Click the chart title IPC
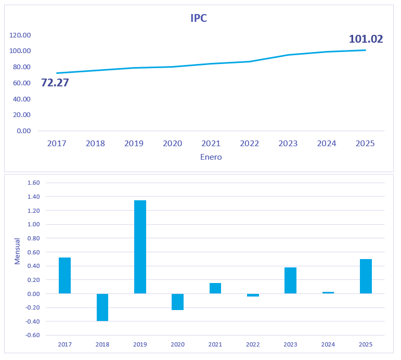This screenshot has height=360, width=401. click(x=199, y=18)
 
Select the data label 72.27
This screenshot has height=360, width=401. click(x=55, y=83)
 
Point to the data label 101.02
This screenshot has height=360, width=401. click(x=366, y=39)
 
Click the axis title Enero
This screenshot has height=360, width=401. click(x=211, y=157)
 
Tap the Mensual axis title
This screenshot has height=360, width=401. click(x=17, y=251)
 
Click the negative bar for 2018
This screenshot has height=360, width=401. click(x=102, y=307)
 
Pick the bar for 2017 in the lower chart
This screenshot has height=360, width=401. click(x=64, y=276)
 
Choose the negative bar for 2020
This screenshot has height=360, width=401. click(x=177, y=302)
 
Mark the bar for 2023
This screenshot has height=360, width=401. click(x=290, y=280)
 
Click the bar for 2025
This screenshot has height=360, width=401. click(x=366, y=276)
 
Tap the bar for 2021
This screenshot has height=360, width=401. click(x=215, y=288)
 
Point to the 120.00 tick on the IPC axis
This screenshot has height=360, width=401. click(x=20, y=35)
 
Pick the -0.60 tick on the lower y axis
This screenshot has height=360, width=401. click(x=32, y=335)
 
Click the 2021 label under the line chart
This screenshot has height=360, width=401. click(x=211, y=144)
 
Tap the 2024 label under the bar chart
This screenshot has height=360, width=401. click(x=328, y=344)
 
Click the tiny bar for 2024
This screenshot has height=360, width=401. click(x=328, y=292)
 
